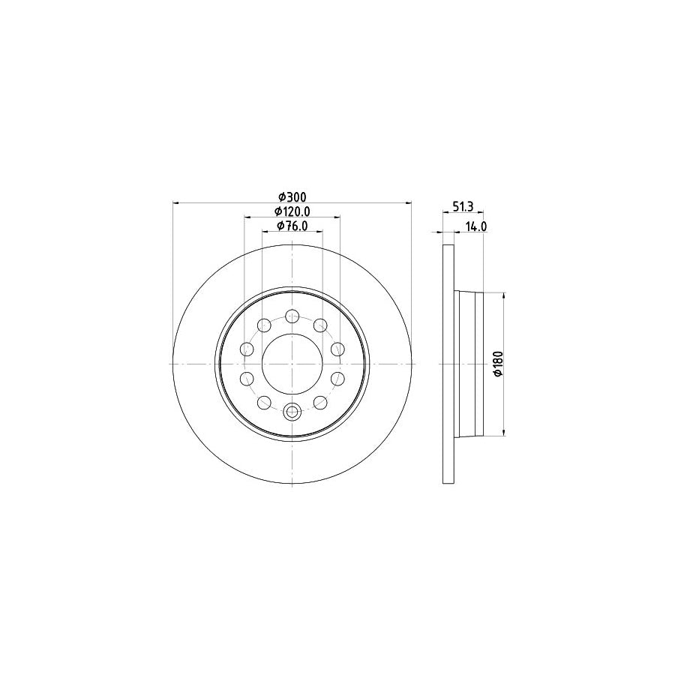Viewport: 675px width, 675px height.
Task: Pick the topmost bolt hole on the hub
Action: pyautogui.click(x=292, y=316)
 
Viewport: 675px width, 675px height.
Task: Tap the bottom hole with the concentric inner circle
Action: pyautogui.click(x=292, y=410)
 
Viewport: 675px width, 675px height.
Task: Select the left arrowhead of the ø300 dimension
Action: pyautogui.click(x=176, y=202)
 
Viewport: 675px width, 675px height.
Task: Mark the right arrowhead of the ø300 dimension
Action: pyautogui.click(x=409, y=202)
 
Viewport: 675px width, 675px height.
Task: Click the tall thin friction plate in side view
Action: pyautogui.click(x=448, y=363)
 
